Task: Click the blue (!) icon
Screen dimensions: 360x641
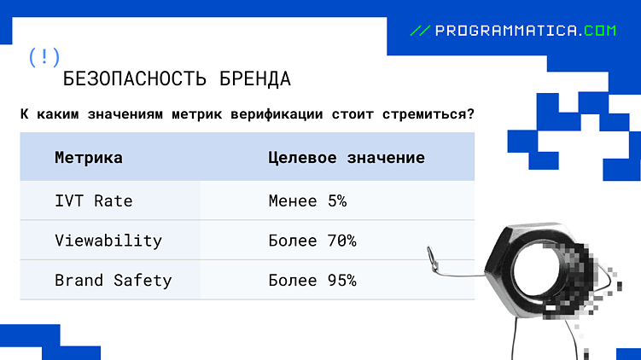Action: pyautogui.click(x=44, y=57)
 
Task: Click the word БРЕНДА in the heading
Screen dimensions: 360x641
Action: pyautogui.click(x=254, y=79)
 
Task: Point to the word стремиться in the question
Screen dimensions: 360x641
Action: pyautogui.click(x=422, y=114)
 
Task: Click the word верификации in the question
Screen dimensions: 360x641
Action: pyautogui.click(x=276, y=114)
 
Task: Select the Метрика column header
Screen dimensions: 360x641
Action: pyautogui.click(x=88, y=158)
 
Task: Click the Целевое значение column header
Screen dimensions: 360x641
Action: pyautogui.click(x=346, y=158)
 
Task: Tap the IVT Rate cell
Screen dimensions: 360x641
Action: pyautogui.click(x=93, y=201)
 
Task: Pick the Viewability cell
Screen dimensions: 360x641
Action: pyautogui.click(x=108, y=241)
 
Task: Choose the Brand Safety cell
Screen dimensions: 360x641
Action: pyautogui.click(x=113, y=280)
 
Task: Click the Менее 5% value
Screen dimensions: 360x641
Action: pyautogui.click(x=307, y=201)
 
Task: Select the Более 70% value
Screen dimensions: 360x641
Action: pyautogui.click(x=312, y=241)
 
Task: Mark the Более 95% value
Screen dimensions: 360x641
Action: pyautogui.click(x=312, y=280)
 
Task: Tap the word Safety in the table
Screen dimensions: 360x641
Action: pyautogui.click(x=143, y=280)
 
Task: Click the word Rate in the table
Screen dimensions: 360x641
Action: pyautogui.click(x=114, y=201)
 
